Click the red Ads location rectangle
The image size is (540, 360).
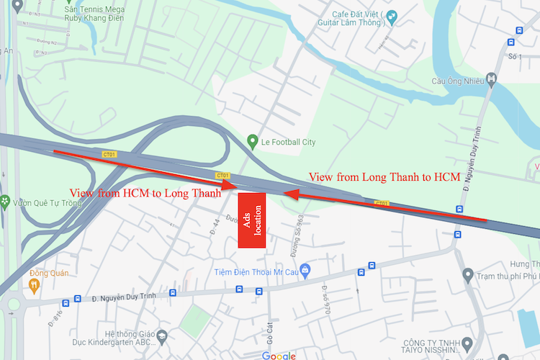(252, 220)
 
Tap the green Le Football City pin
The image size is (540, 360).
(252, 141)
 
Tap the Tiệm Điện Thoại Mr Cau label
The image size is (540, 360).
(255, 271)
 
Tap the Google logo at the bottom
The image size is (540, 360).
(279, 356)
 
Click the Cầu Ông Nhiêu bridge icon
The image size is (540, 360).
(492, 78)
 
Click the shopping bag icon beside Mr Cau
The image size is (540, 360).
(305, 271)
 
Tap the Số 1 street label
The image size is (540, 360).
(514, 56)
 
